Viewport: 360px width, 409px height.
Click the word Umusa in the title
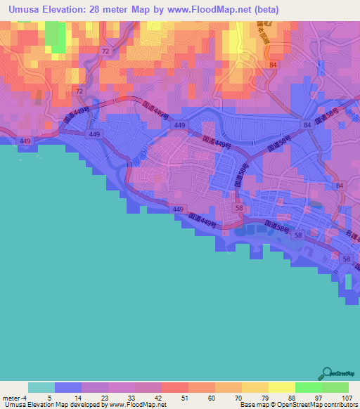click(26, 10)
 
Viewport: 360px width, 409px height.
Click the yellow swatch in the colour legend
click(282, 387)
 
